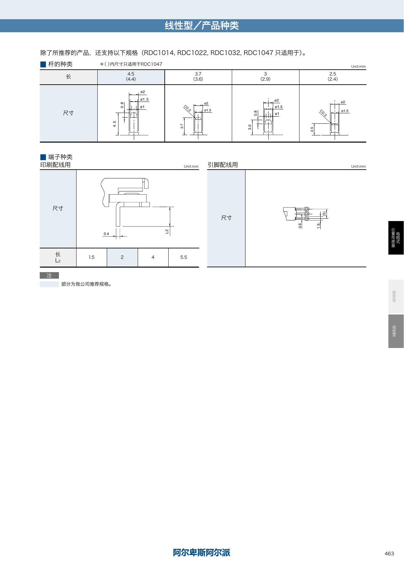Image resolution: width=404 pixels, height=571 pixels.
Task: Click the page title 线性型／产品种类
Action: [x=202, y=26]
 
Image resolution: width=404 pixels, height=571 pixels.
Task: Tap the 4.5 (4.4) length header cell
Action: [x=131, y=77]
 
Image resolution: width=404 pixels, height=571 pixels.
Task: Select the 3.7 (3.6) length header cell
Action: [x=198, y=77]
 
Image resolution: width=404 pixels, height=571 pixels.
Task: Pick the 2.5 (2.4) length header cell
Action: [x=333, y=77]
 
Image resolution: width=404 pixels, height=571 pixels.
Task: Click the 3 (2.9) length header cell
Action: [x=266, y=77]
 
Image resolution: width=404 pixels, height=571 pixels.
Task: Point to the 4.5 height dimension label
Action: [x=115, y=124]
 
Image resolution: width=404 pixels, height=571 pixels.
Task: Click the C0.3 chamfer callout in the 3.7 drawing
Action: [x=187, y=109]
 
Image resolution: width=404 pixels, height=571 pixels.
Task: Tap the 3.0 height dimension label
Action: [x=250, y=127]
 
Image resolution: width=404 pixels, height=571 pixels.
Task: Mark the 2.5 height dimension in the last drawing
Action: [x=312, y=129]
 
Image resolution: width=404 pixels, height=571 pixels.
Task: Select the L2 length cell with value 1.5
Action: [x=91, y=258]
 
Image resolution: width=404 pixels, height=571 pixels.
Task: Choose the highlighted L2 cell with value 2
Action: [x=122, y=258]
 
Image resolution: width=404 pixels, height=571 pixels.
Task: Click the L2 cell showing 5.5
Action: [x=184, y=258]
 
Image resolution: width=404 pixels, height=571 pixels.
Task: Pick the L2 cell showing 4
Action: [x=153, y=258]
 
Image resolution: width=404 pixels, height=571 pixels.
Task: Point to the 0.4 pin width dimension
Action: [x=106, y=234]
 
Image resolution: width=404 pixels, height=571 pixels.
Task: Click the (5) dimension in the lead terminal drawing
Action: [x=325, y=214]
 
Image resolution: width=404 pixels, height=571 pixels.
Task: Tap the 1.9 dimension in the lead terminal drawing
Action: [x=319, y=225]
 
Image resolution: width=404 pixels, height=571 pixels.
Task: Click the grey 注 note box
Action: [x=49, y=275]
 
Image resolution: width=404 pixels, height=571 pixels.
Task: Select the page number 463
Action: [x=389, y=553]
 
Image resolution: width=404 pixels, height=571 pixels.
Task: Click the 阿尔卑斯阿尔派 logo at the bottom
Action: [x=202, y=552]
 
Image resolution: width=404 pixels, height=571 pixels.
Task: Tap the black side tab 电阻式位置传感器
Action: [x=396, y=238]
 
